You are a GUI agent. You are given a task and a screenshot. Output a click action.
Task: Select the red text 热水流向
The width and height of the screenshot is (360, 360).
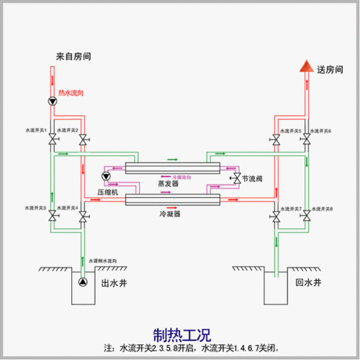tap(72, 94)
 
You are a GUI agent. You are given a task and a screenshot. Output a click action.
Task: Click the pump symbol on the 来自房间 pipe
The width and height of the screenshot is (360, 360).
tap(52, 102)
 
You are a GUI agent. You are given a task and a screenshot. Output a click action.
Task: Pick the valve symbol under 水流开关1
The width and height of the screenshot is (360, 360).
tap(52, 140)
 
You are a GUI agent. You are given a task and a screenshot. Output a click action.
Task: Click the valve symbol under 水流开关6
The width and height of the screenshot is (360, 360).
tap(306, 140)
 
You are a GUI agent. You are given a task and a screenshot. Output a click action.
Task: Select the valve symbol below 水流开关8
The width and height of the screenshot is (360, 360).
tap(306, 216)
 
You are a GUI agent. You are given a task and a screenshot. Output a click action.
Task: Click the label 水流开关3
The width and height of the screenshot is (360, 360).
tap(35, 207)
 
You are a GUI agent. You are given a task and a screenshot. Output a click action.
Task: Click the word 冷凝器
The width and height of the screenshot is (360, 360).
tap(169, 214)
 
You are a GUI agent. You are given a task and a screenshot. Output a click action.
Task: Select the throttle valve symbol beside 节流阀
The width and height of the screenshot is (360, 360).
tap(234, 177)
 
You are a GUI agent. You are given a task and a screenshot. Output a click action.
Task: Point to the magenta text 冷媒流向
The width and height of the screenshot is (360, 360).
tap(182, 177)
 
